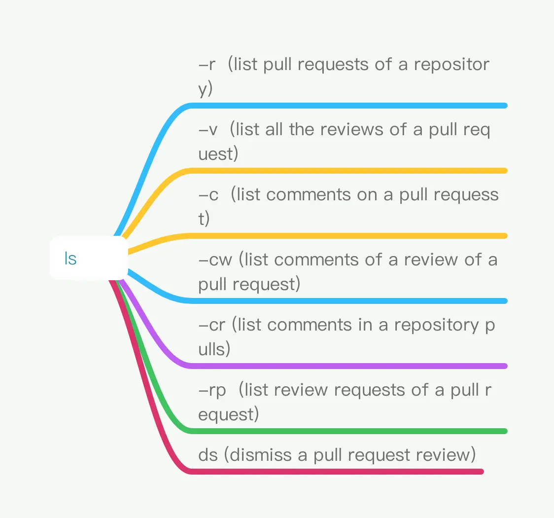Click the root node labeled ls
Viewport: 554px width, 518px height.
point(88,258)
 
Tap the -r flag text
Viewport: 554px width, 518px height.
point(207,64)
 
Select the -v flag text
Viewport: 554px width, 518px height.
point(208,130)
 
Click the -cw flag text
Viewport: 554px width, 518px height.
point(215,260)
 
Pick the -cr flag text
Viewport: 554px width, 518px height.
point(212,325)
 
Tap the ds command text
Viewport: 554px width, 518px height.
point(208,455)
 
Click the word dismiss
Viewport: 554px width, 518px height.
point(261,455)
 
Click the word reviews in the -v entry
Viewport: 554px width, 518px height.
point(352,129)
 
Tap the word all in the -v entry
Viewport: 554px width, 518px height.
point(274,129)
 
